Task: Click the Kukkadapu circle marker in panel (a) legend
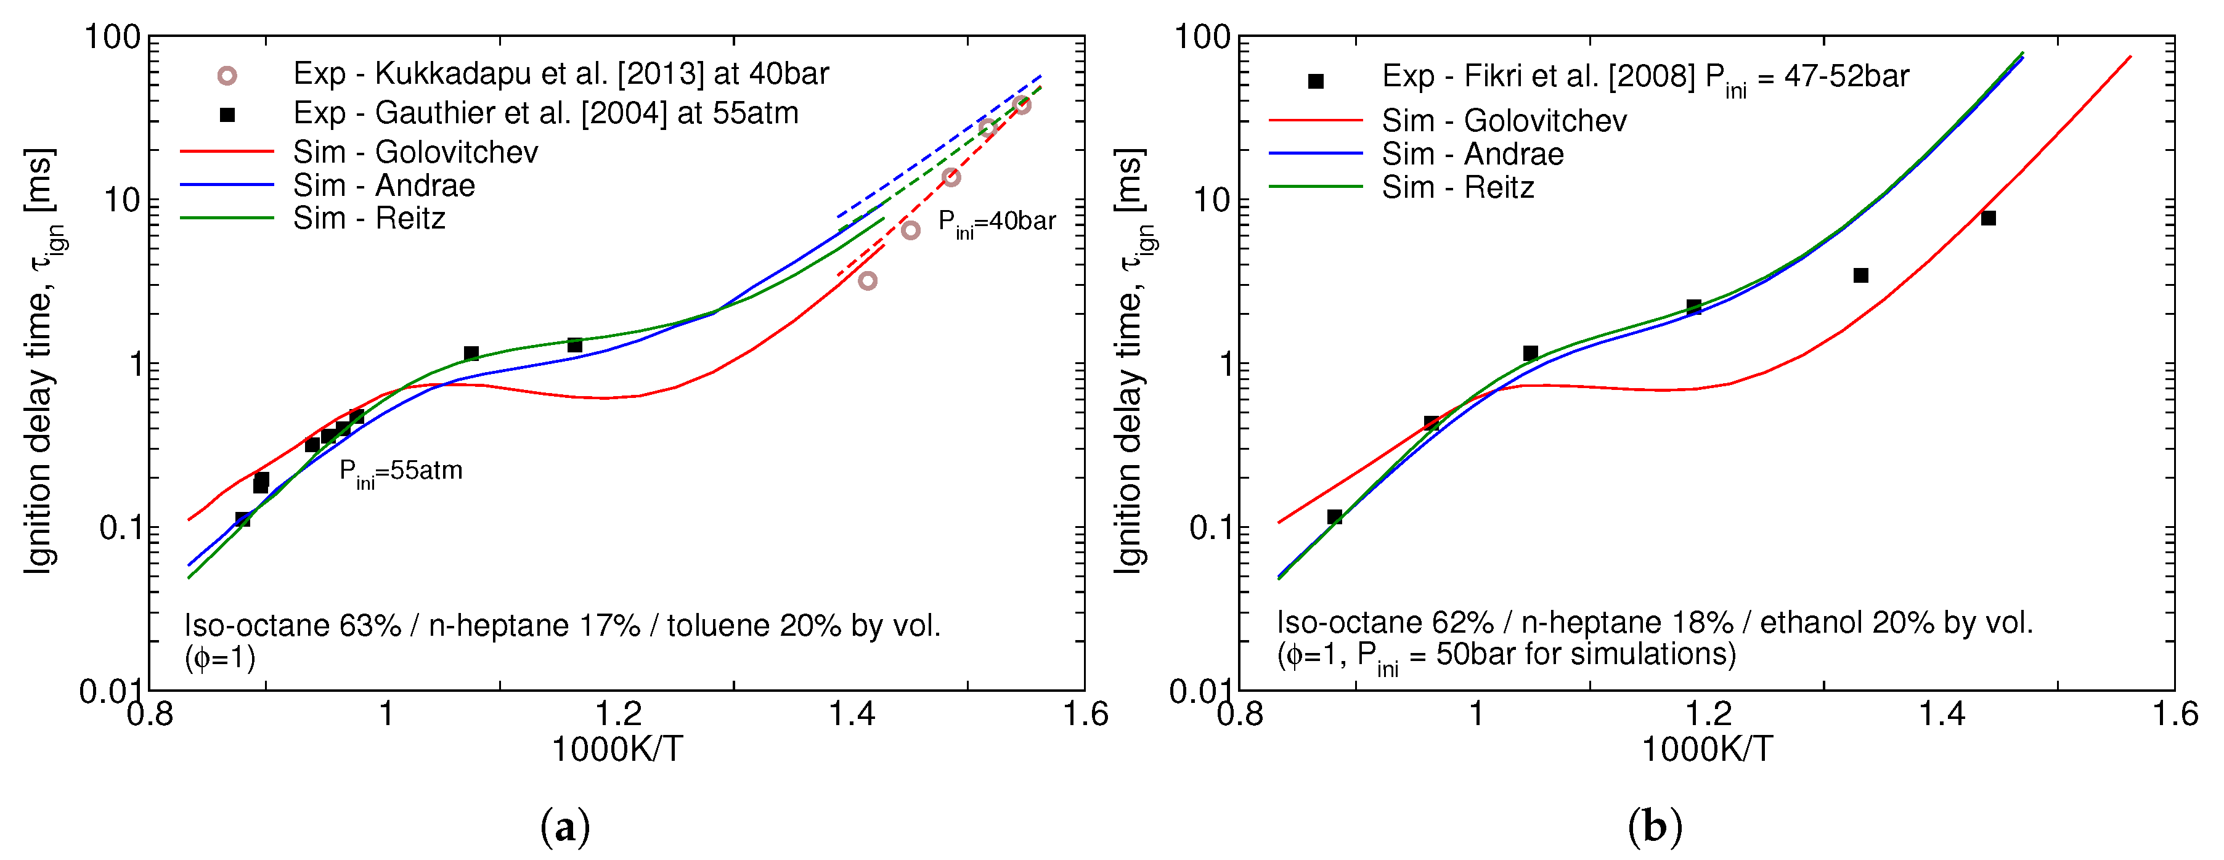226,76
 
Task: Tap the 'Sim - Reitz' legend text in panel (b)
1457,187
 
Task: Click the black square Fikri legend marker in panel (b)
1316,81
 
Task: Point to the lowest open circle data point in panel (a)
868,281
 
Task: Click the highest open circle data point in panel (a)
1022,105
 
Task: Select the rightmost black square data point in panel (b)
1989,219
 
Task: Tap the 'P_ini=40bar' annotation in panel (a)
996,223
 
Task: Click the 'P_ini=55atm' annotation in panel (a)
401,473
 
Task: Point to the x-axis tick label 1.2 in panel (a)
618,715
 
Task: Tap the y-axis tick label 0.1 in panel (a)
120,527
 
